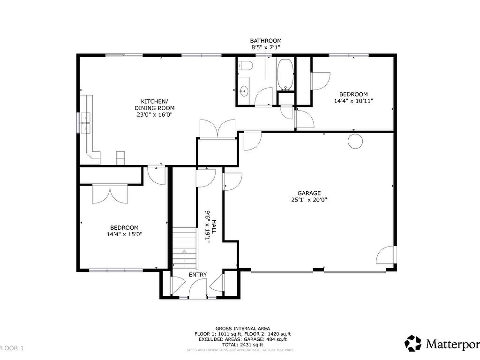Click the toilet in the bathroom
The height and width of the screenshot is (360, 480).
coord(245,65)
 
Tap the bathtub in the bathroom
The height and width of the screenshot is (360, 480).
coord(285,74)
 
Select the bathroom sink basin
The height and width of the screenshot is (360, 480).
coord(244,90)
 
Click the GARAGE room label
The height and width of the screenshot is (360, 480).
coord(309,193)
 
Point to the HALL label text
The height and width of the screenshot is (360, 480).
coord(214,226)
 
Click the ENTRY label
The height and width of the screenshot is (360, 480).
coord(198,275)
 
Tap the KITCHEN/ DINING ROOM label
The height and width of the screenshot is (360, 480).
coord(155,105)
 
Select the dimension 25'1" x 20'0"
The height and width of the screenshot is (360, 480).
coord(309,200)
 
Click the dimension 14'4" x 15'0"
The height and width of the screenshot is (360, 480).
coord(124,234)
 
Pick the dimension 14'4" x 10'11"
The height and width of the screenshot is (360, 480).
coord(353,101)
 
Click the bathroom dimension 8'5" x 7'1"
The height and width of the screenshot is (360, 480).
coord(266,47)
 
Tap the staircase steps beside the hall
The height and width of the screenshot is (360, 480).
coord(184,247)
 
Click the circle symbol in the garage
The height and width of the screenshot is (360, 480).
coord(355,142)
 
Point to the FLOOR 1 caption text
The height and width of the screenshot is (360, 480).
coord(12,348)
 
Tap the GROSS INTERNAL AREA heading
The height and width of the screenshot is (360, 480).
coord(243,329)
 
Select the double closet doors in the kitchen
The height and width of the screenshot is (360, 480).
coord(217,128)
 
